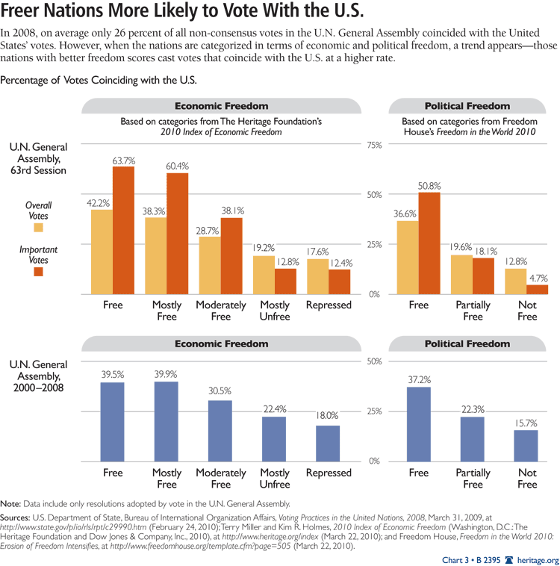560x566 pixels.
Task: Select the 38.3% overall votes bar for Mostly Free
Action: [x=155, y=255]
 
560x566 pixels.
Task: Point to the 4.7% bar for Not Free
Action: [x=537, y=290]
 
